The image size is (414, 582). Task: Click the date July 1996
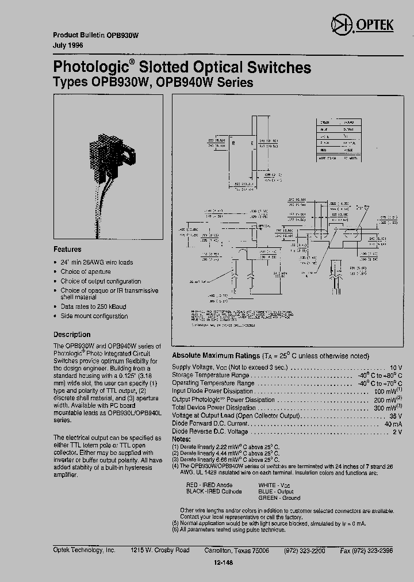(68, 45)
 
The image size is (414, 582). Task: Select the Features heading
(67, 250)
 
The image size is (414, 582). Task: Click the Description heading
(72, 334)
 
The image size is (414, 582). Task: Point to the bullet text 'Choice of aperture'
(86, 271)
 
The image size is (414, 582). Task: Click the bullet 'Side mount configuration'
(94, 316)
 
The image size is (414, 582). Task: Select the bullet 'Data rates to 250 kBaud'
(93, 307)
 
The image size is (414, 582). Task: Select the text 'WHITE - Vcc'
(274, 485)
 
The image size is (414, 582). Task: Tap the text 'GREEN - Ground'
(279, 498)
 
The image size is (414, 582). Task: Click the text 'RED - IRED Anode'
(209, 485)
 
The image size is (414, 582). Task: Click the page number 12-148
(223, 563)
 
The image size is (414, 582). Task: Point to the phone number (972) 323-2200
(304, 550)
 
